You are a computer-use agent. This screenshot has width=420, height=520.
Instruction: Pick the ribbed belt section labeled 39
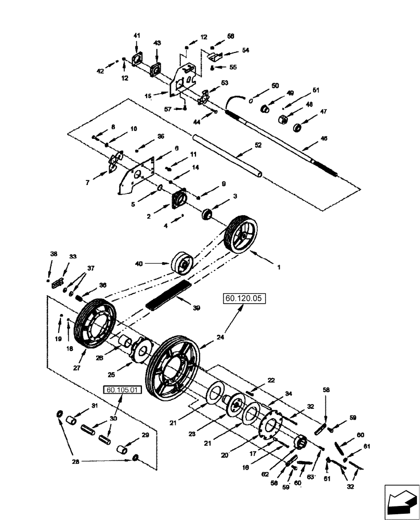click(x=168, y=294)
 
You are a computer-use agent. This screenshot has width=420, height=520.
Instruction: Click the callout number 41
click(x=137, y=35)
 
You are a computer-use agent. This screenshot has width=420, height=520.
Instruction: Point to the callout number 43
click(x=157, y=42)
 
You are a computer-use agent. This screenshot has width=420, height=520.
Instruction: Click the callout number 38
click(x=54, y=254)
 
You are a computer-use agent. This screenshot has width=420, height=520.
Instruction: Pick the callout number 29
click(x=146, y=435)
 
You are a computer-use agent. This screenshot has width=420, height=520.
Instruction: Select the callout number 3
click(x=235, y=196)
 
